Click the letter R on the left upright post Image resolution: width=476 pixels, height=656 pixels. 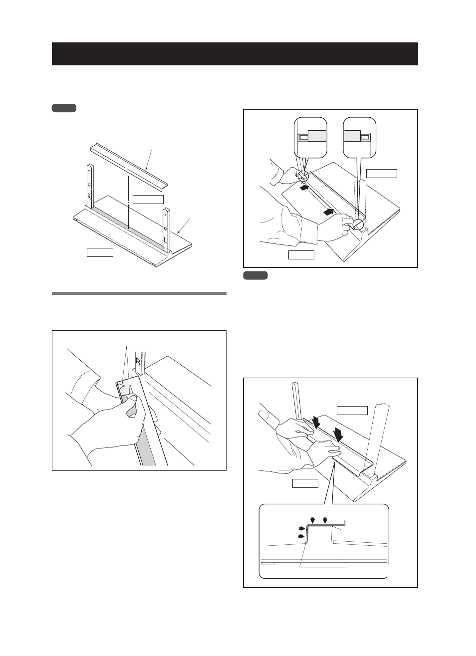[89, 197]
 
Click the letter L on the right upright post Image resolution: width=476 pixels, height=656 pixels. [166, 240]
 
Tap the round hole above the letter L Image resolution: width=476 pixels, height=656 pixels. [166, 229]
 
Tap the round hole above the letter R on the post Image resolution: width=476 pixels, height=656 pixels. [89, 184]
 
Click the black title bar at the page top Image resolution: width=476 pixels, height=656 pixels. [235, 54]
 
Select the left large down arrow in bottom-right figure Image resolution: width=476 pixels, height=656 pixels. [315, 422]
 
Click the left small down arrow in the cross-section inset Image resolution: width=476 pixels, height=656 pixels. [313, 520]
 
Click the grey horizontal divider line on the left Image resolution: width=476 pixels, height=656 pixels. [139, 293]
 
